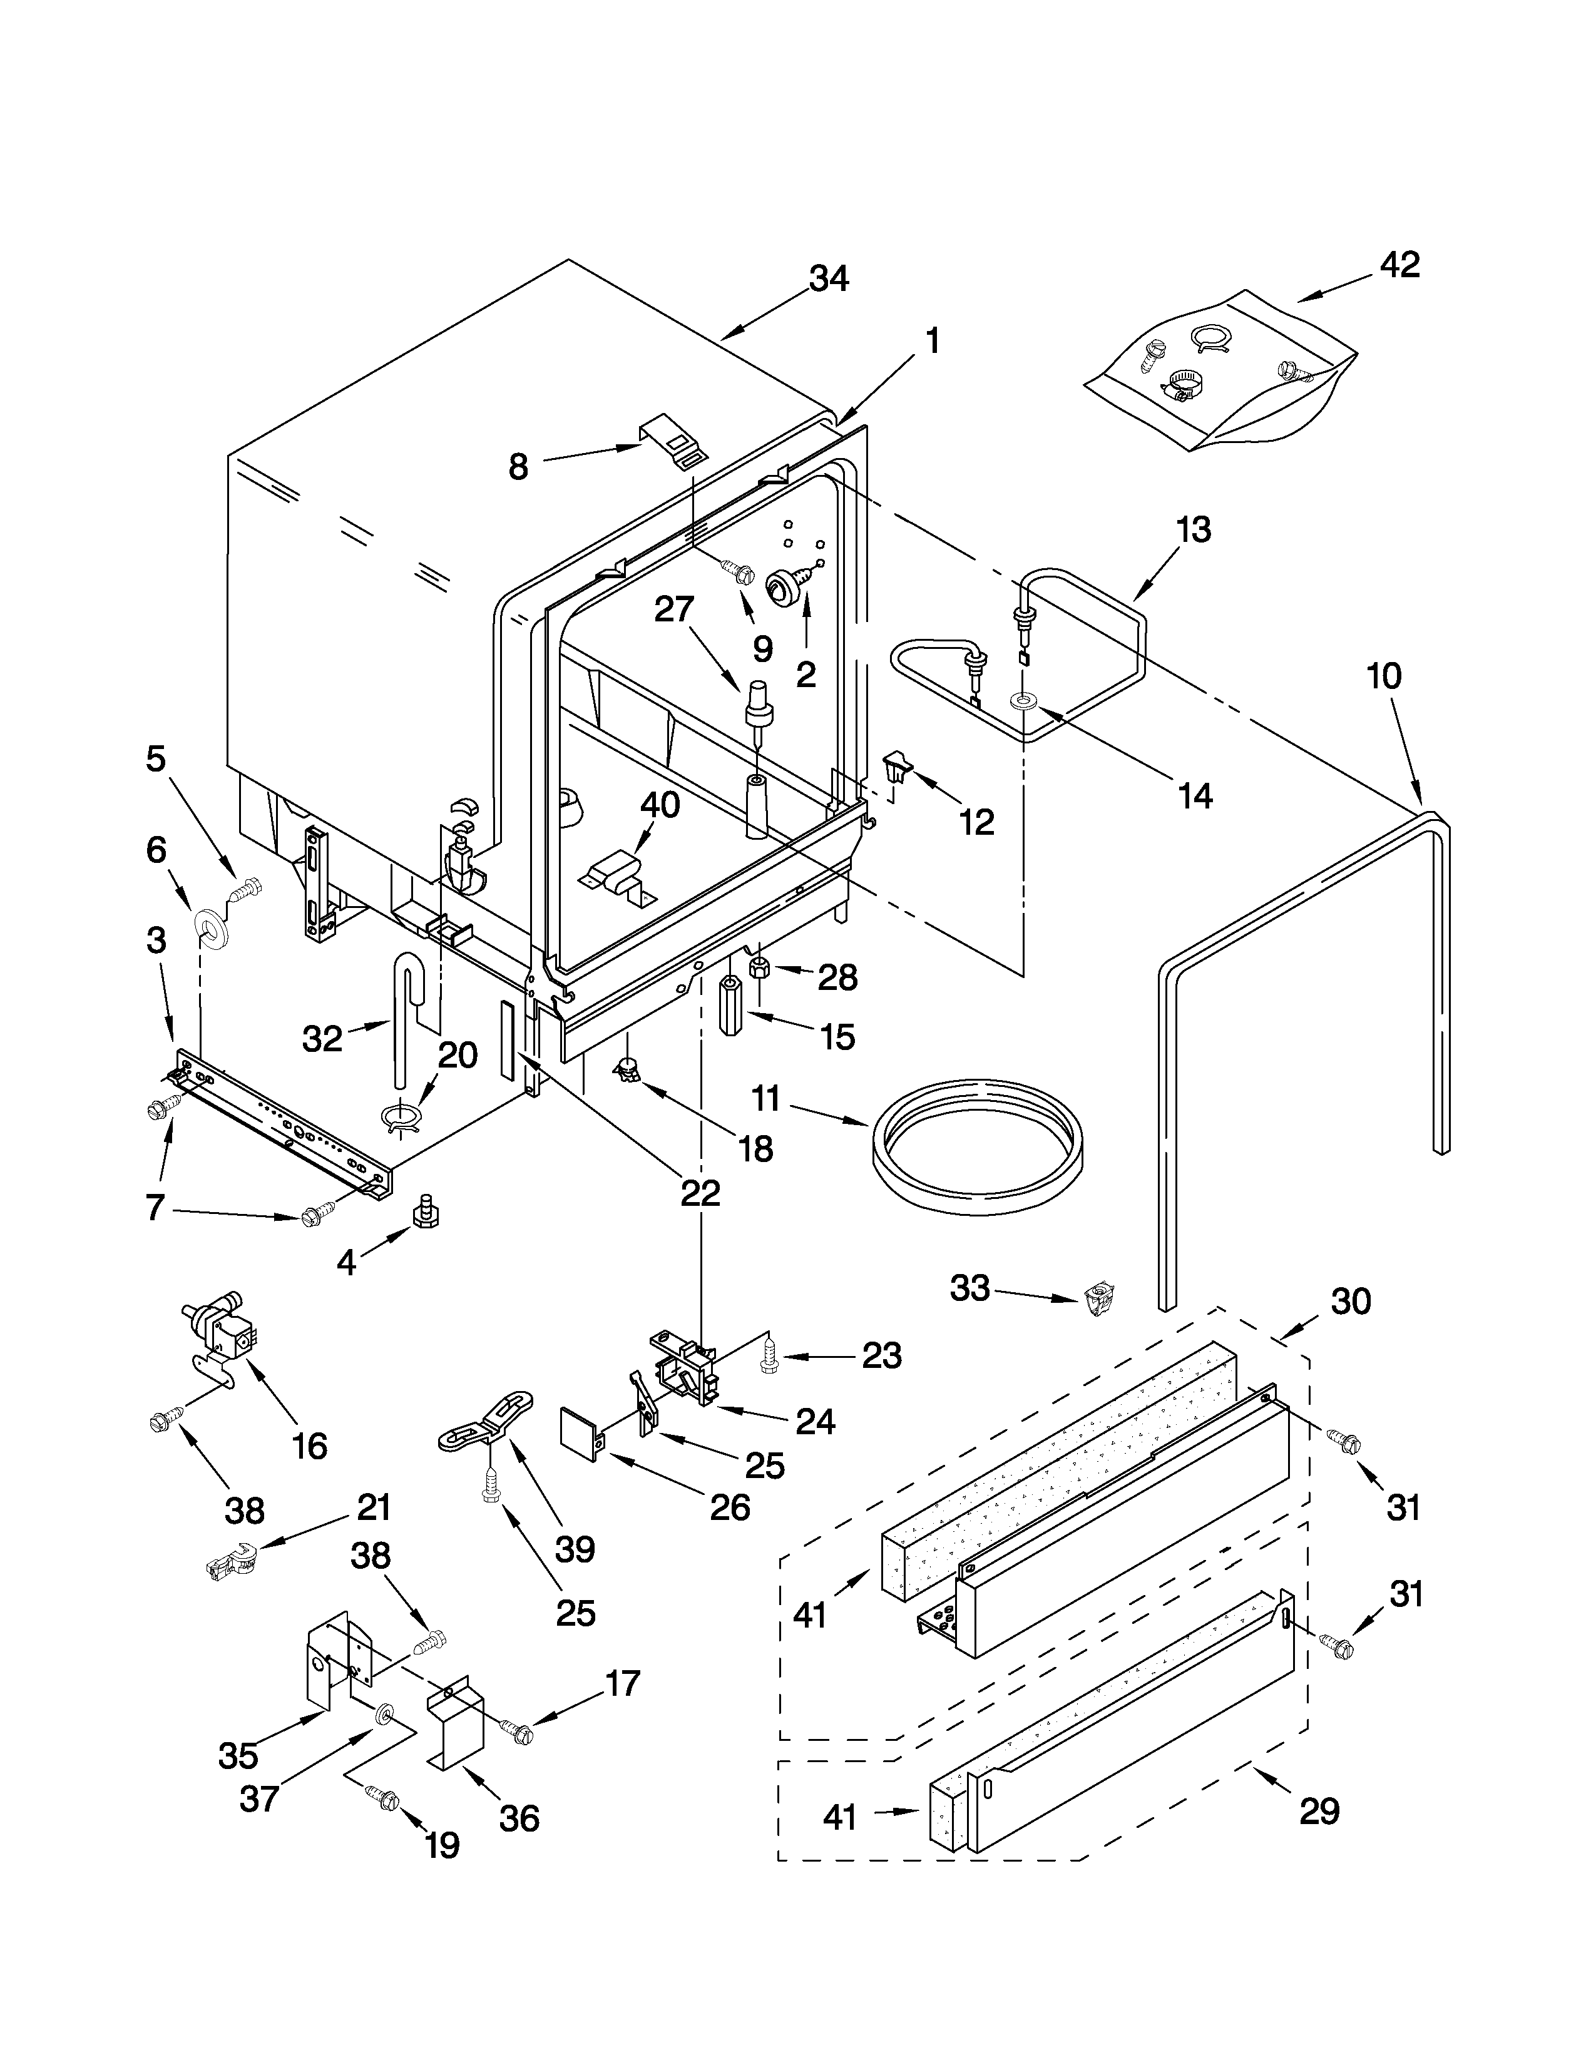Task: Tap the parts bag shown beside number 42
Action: click(x=1220, y=374)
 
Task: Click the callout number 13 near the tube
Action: click(x=1193, y=531)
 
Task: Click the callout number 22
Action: click(x=700, y=1193)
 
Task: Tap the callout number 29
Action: click(x=1319, y=1811)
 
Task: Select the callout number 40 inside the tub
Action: click(x=659, y=805)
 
